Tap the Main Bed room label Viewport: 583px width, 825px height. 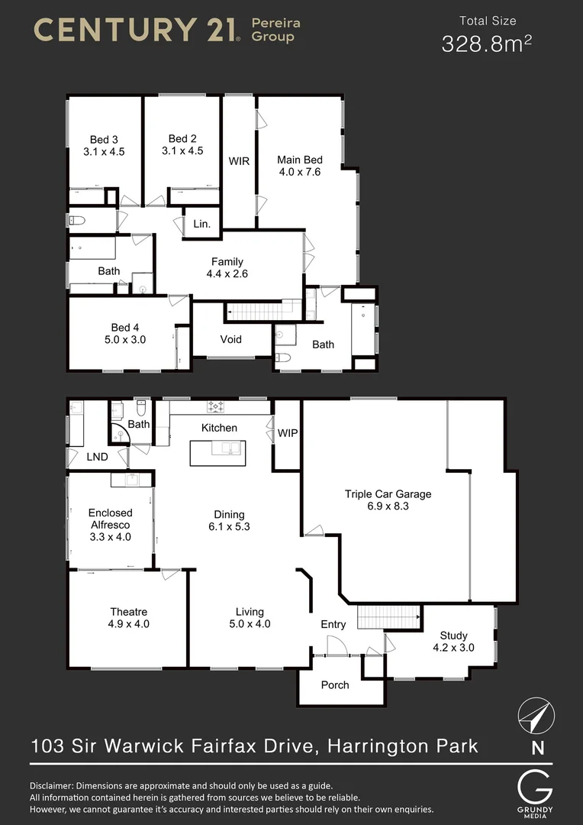click(x=299, y=160)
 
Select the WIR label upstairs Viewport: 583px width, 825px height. click(x=239, y=161)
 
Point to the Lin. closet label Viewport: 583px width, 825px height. click(x=201, y=224)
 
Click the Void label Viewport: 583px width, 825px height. click(x=231, y=339)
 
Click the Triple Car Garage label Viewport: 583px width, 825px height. click(x=388, y=494)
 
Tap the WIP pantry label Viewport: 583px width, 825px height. click(x=288, y=433)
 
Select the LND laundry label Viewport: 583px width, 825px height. click(x=97, y=457)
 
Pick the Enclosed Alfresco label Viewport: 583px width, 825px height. click(x=110, y=519)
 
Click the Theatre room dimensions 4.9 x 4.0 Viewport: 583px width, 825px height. click(x=128, y=624)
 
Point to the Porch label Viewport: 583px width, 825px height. click(x=335, y=685)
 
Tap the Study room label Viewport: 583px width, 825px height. click(x=454, y=636)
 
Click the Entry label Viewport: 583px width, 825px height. click(x=333, y=624)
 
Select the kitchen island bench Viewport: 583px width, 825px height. click(x=217, y=451)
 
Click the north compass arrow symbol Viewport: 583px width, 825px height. click(x=536, y=717)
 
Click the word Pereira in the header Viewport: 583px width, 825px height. click(x=276, y=24)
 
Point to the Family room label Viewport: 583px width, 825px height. click(x=227, y=262)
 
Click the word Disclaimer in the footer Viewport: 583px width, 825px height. click(x=56, y=785)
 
